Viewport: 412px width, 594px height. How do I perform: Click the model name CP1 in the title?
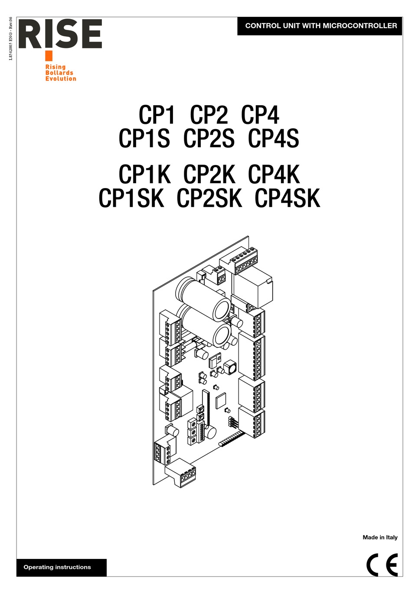point(157,114)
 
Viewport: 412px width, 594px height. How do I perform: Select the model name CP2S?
point(209,138)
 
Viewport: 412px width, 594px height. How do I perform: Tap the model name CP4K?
point(274,174)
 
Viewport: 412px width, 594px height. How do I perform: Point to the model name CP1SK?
point(131,198)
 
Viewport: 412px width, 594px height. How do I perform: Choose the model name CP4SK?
point(287,198)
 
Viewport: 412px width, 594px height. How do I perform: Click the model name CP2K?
point(209,174)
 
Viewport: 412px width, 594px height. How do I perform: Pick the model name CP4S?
point(273,138)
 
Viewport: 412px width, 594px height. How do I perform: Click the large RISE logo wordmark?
point(60,34)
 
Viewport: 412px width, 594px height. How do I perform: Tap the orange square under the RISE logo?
point(49,56)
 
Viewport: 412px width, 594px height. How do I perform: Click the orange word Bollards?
point(59,73)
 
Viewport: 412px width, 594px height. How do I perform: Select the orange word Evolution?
point(61,78)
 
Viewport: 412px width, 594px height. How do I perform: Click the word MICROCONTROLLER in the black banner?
point(360,26)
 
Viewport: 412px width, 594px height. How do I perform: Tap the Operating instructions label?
point(57,567)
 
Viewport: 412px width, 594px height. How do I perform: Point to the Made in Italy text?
point(380,537)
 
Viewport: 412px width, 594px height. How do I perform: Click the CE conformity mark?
point(382,565)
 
